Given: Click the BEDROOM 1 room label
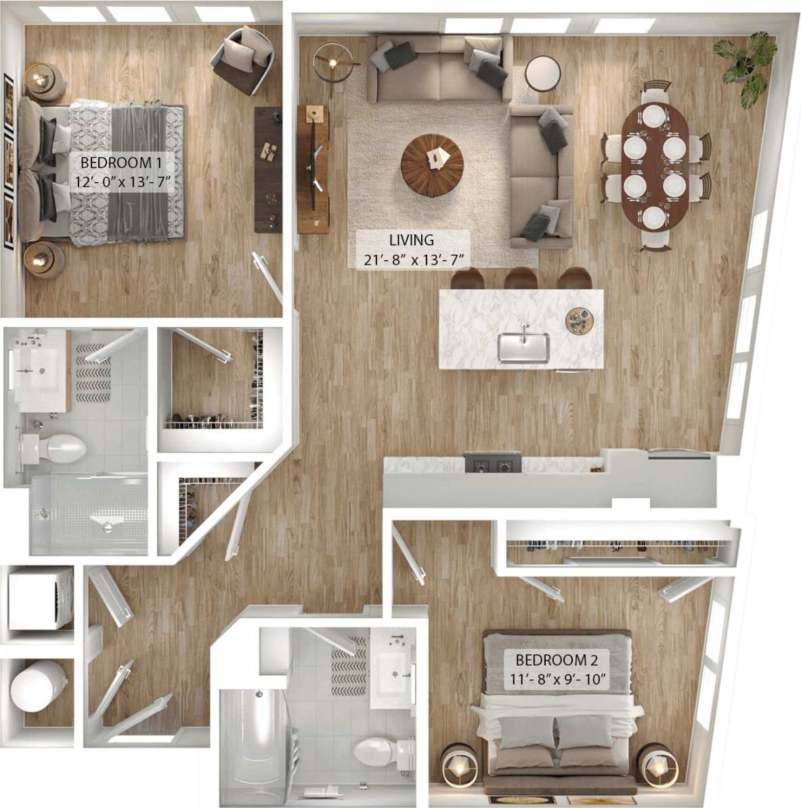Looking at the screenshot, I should [125, 172].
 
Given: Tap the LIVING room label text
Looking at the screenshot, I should [412, 249].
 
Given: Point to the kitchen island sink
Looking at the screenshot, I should [523, 347].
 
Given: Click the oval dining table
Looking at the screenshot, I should [654, 165].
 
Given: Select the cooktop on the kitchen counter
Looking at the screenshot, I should [492, 464].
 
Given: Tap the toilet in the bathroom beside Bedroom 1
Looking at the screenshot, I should [58, 448].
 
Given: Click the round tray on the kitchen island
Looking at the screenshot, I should [580, 320].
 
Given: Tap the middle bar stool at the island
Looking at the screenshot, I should [520, 278].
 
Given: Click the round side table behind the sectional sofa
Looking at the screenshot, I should [542, 73].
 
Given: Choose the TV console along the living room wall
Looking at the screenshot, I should [313, 169].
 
